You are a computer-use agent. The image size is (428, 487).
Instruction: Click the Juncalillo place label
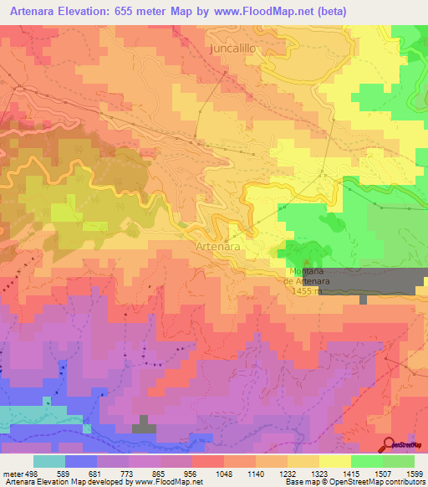coord(231,49)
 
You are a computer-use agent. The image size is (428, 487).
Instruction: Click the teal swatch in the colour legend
coord(48,461)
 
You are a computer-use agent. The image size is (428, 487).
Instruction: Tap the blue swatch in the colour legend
coord(80,461)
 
